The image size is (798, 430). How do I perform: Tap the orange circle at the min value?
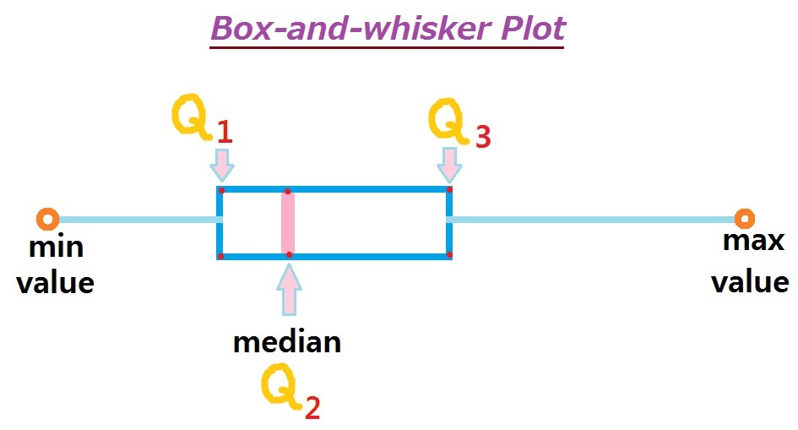47,220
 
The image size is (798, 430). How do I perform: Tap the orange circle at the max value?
744,220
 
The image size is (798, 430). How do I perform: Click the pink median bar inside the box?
288,223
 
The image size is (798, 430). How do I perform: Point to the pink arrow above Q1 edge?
221,164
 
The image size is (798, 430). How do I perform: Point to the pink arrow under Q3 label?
449,164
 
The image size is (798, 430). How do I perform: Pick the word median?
287,341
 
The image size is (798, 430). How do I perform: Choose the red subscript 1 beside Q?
224,133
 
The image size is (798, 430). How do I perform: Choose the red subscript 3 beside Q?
482,136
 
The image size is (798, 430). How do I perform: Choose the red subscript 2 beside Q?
312,408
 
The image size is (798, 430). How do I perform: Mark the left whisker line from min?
135,220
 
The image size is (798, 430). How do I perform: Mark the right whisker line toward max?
591,220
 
